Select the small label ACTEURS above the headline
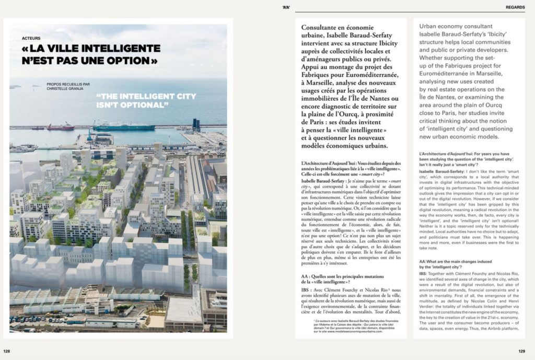[x=31, y=38]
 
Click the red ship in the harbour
[x=61, y=127]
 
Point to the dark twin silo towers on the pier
[x=196, y=124]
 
